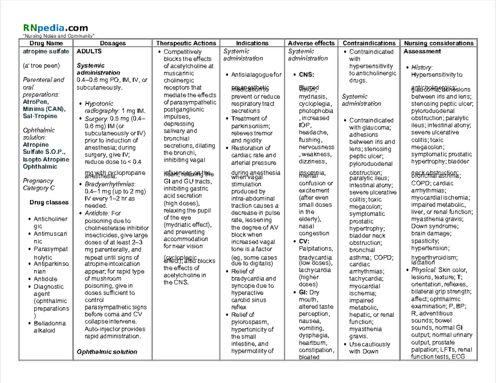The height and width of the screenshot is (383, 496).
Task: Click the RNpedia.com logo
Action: (55, 28)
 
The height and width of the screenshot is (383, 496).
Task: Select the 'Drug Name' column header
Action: (46, 43)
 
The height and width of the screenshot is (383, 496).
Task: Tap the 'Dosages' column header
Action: (113, 43)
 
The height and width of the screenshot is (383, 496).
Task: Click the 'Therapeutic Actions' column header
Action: (186, 43)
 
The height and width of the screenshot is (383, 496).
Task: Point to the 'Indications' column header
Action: (252, 43)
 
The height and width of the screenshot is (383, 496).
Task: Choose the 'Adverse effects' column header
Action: (311, 43)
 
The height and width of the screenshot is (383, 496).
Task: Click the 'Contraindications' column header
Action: (369, 43)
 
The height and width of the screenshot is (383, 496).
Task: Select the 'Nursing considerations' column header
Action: (439, 43)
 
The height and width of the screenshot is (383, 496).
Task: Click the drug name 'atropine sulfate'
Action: (46, 52)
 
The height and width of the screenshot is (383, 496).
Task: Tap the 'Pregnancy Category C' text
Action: (39, 184)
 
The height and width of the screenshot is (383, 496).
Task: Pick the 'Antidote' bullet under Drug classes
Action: (45, 279)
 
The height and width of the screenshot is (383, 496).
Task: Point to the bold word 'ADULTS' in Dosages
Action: (89, 52)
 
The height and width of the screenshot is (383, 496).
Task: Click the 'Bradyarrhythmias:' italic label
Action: (110, 184)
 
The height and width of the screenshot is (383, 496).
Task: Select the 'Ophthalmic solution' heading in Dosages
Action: (107, 352)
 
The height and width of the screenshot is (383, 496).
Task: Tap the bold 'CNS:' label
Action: (306, 75)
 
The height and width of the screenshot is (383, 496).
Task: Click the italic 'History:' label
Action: (422, 67)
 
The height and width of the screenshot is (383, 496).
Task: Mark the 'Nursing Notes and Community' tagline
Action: (59, 36)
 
